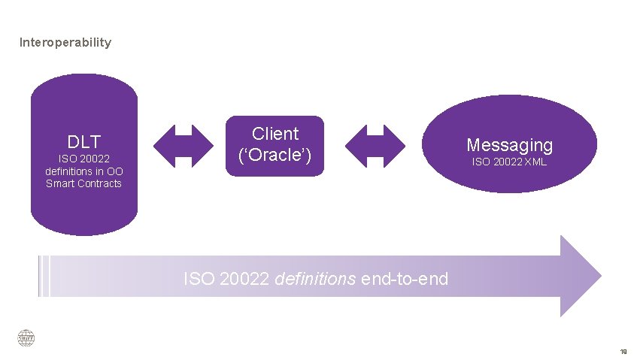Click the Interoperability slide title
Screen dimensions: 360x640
[65, 42]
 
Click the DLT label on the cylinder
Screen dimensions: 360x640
[83, 141]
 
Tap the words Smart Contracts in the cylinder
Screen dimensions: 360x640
[83, 183]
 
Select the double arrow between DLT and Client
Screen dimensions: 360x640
[184, 145]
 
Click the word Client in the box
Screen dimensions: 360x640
[275, 134]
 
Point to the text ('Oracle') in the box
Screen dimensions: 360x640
[275, 156]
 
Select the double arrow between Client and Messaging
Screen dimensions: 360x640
[375, 145]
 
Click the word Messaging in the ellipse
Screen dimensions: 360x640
[509, 144]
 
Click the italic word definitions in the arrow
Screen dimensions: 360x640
[316, 279]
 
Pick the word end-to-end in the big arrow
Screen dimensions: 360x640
[405, 279]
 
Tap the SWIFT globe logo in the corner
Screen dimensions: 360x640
[26, 339]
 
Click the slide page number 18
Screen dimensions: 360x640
[623, 352]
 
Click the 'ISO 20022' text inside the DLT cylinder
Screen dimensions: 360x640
[83, 159]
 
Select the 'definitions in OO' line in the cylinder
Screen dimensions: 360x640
[83, 171]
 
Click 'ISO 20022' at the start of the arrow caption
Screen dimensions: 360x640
[228, 279]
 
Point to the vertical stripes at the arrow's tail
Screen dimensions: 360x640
[44, 276]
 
